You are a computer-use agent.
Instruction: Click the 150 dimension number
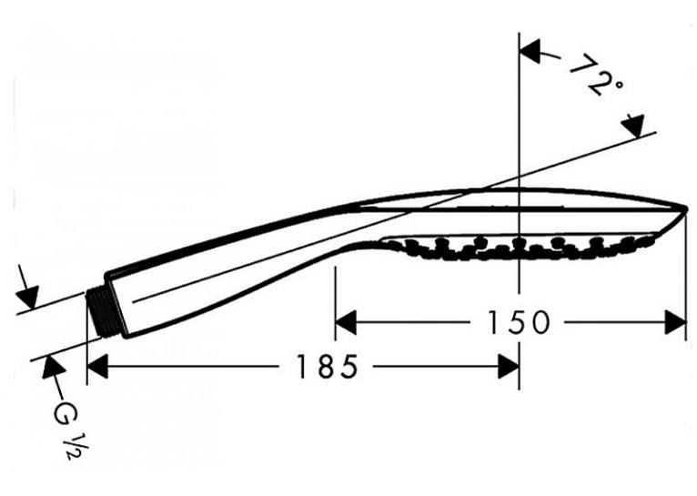click(x=519, y=322)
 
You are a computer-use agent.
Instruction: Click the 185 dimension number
click(x=327, y=366)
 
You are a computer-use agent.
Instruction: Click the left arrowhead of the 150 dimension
click(x=347, y=322)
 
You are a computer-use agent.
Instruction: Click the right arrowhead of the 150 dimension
click(x=676, y=322)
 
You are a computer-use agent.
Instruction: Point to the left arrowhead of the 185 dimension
click(x=97, y=366)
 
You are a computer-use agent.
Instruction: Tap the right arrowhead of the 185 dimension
click(x=509, y=366)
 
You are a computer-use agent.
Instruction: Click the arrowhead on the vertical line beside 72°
click(x=531, y=50)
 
